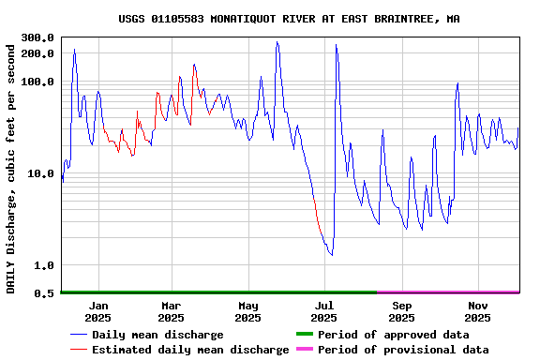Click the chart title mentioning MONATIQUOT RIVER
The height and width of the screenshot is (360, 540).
coord(289,19)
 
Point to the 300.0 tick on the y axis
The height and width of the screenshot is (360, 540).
coord(37,37)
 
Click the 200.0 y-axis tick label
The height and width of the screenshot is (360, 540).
coord(37,53)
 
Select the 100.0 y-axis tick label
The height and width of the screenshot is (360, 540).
coord(37,82)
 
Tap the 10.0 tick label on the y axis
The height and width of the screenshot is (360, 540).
coord(39,173)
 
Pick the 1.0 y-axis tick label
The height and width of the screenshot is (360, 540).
coord(43,265)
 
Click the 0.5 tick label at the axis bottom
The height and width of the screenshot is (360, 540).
coord(43,293)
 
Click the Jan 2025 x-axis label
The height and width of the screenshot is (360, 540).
coord(98,311)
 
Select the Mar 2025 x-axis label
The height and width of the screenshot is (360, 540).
coord(172,311)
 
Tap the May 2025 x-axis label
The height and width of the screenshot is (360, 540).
coord(248,311)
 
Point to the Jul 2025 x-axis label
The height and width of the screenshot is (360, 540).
coord(324,311)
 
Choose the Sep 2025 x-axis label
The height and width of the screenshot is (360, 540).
coord(401,311)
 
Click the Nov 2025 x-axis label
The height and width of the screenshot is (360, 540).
coord(478,311)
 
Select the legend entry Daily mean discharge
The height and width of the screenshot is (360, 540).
coord(157,335)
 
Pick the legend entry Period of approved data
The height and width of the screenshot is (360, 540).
coord(393,335)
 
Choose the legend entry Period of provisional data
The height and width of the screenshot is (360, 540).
coord(402,350)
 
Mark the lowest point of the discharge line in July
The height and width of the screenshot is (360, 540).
coord(331,255)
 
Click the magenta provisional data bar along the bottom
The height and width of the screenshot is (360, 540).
coord(448,292)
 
